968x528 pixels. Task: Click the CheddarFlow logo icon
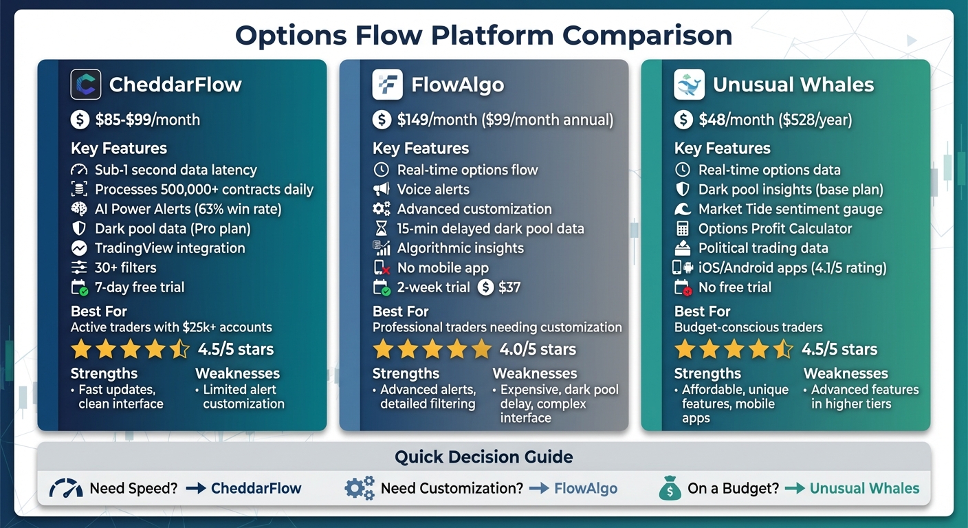86,85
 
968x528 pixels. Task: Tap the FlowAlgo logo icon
387,85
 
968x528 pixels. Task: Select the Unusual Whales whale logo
689,85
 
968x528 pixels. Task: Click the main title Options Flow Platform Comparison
483,35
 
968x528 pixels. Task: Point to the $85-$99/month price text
148,120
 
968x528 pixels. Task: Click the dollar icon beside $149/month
382,120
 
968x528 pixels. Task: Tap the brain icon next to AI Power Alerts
79,209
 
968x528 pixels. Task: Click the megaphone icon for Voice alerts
381,189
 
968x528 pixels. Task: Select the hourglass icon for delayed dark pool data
381,229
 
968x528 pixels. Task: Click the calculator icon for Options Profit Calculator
683,229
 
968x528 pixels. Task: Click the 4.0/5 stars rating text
538,349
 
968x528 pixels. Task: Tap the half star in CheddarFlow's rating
179,349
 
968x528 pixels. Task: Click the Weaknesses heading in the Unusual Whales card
846,373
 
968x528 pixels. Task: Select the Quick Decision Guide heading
483,457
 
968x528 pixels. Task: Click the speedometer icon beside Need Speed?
66,488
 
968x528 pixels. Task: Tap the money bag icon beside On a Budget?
669,488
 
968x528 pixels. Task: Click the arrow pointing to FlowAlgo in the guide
539,489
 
